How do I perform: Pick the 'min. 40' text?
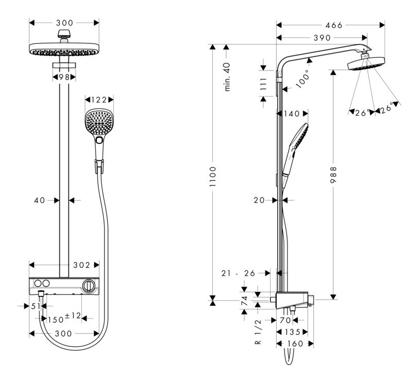point(227,77)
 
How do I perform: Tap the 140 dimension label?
point(291,114)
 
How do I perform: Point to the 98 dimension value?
point(64,77)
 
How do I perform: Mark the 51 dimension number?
point(35,306)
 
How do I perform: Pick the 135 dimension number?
point(292,332)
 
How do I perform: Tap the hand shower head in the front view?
point(99,123)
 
